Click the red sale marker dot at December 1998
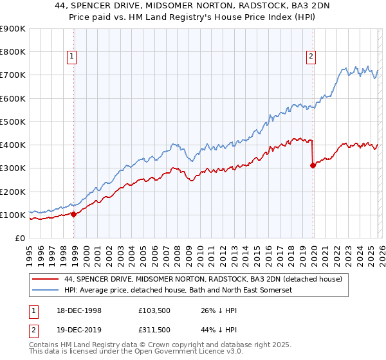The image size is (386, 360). (74, 214)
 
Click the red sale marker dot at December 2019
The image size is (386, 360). (313, 165)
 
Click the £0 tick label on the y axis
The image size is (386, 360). (19, 238)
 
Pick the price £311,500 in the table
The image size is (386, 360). (154, 329)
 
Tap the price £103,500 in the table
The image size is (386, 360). (154, 310)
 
